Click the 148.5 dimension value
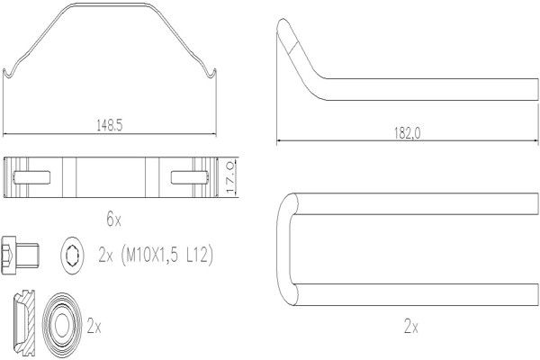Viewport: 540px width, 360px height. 110,125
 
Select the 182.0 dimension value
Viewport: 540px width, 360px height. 408,133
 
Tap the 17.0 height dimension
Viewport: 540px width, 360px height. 230,178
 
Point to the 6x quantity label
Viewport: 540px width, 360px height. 113,219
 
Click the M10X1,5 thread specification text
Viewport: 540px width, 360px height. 151,256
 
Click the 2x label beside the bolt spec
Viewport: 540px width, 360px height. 105,256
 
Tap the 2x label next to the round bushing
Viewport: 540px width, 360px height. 94,326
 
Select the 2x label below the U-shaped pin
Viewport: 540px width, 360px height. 411,326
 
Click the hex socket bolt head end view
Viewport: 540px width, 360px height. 72,256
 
